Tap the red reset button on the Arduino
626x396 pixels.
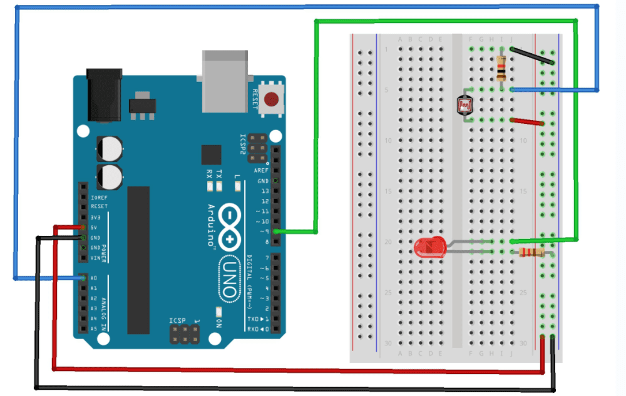tap(271, 99)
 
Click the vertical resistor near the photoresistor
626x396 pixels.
tap(501, 68)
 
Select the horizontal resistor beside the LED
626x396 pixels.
tap(532, 252)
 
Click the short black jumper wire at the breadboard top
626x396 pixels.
tap(532, 55)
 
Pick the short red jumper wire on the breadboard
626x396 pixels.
tap(527, 121)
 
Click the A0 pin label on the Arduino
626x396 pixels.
tap(94, 278)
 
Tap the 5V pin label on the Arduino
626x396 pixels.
tap(94, 227)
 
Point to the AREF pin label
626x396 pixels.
tap(261, 170)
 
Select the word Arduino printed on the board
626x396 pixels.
tap(212, 225)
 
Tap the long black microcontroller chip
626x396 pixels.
tap(138, 260)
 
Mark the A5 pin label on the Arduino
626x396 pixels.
tap(94, 328)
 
